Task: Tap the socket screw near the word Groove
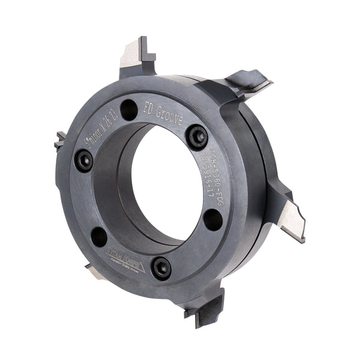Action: (196, 137)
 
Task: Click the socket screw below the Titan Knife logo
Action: (161, 267)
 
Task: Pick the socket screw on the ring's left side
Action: (84, 160)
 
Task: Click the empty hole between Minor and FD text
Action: (128, 109)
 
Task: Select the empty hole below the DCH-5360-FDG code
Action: (213, 218)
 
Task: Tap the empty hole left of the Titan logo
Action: (98, 236)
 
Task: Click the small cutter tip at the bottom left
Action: (95, 272)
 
